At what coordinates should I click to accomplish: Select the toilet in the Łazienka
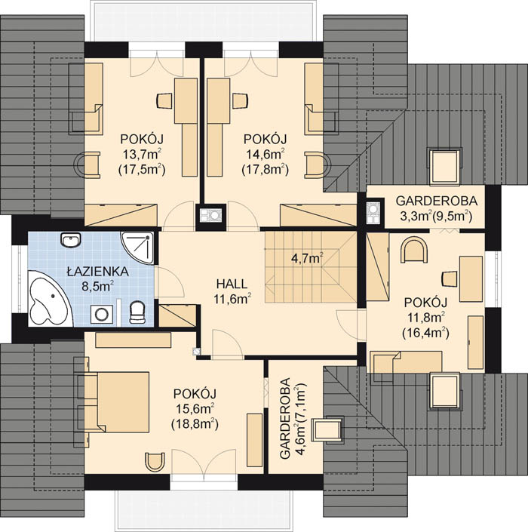[x=137, y=312]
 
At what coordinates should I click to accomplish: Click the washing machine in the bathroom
[x=102, y=314]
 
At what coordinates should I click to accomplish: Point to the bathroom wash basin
[x=71, y=241]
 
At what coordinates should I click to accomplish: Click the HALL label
[x=232, y=284]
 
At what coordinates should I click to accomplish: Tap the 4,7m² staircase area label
[x=307, y=259]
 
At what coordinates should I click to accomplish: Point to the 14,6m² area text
[x=265, y=155]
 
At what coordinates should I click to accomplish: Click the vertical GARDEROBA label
[x=285, y=418]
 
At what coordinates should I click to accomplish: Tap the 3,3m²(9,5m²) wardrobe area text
[x=437, y=216]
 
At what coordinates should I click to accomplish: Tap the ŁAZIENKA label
[x=97, y=272]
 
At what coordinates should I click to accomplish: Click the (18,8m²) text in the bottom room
[x=195, y=424]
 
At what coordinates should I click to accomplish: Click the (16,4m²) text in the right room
[x=425, y=333]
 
